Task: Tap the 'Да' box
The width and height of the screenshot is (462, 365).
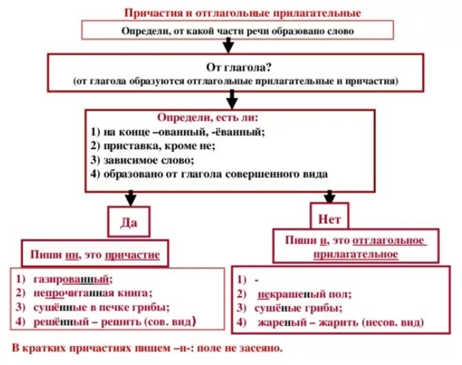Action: [x=129, y=222]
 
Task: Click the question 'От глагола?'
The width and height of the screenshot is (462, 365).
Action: [x=234, y=67]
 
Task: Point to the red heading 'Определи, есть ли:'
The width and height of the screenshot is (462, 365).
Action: [x=199, y=118]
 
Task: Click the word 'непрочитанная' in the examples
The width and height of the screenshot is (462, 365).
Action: [x=68, y=292]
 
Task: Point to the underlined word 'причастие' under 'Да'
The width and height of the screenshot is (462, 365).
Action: [x=132, y=255]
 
